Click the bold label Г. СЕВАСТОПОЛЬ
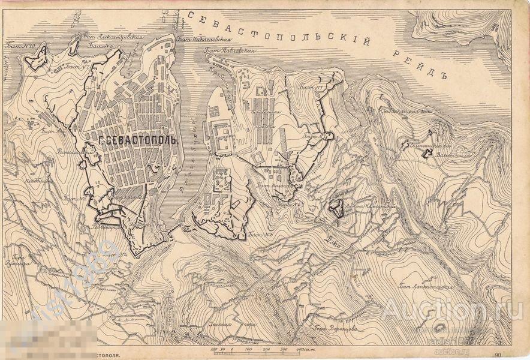(x=136, y=140)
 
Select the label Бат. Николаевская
(x=203, y=40)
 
